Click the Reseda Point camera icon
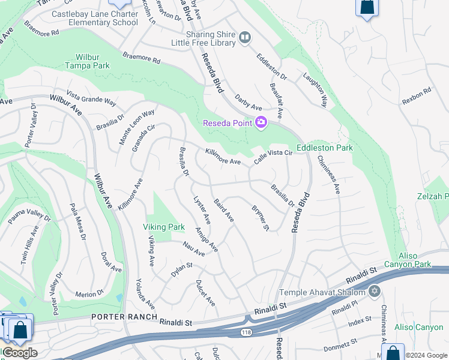pyautogui.click(x=261, y=123)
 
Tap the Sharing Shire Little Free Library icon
pyautogui.click(x=244, y=38)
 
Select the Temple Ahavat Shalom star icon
pyautogui.click(x=375, y=292)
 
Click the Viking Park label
pyautogui.click(x=163, y=227)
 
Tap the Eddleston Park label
pyautogui.click(x=324, y=148)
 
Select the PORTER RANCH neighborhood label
pyautogui.click(x=124, y=317)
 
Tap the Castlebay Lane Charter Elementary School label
pyautogui.click(x=95, y=18)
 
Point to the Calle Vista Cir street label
pyautogui.click(x=273, y=157)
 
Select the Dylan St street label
pyautogui.click(x=181, y=269)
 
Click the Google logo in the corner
pyautogui.click(x=19, y=353)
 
